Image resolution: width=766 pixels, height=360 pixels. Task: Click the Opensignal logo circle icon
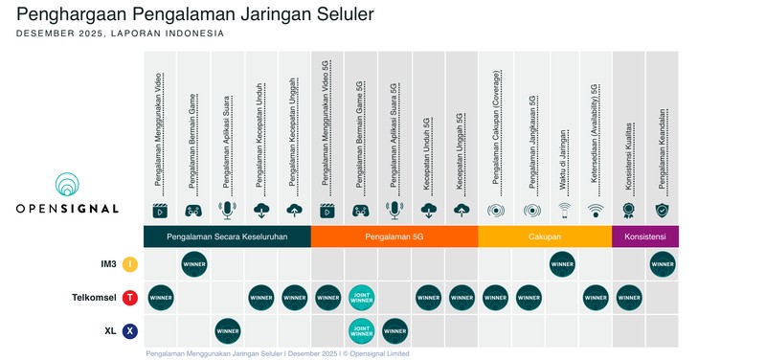pyautogui.click(x=67, y=186)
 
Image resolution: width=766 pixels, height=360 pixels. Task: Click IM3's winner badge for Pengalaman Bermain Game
pyautogui.click(x=194, y=264)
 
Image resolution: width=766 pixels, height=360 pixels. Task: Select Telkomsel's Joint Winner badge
pyautogui.click(x=362, y=298)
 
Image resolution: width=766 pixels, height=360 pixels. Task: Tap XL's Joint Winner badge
pyautogui.click(x=362, y=331)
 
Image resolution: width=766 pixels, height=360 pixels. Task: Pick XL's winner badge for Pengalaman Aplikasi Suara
pyautogui.click(x=228, y=331)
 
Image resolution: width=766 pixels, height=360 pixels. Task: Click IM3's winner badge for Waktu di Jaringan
pyautogui.click(x=562, y=264)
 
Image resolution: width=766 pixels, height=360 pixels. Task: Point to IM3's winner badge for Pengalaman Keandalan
pyautogui.click(x=662, y=264)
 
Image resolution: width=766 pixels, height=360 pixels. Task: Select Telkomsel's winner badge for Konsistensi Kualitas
pyautogui.click(x=628, y=298)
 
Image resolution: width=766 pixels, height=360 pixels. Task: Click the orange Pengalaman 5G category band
pyautogui.click(x=394, y=236)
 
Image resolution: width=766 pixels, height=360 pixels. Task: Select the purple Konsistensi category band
pyautogui.click(x=644, y=236)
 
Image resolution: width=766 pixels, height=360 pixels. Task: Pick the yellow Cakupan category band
pyautogui.click(x=544, y=236)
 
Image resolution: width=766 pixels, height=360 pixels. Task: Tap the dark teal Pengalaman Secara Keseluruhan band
pyautogui.click(x=227, y=236)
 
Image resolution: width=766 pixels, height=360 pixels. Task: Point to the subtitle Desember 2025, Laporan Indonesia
pyautogui.click(x=121, y=34)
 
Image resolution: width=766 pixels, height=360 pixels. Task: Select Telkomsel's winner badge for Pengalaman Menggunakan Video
pyautogui.click(x=161, y=298)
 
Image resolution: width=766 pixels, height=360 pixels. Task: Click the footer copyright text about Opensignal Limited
pyautogui.click(x=278, y=353)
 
